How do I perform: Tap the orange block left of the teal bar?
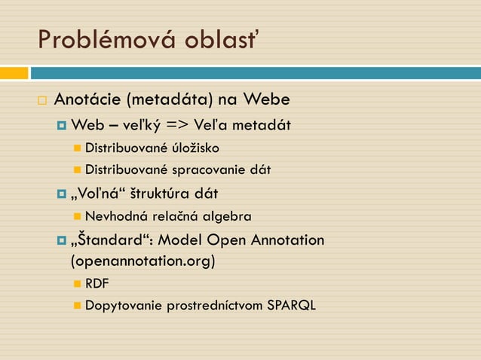coord(14,73)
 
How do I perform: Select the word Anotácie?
coord(87,100)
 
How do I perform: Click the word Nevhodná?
coord(115,216)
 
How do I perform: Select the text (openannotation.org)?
coord(142,261)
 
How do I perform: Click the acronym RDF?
coord(97,284)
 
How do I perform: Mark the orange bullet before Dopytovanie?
coord(77,306)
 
